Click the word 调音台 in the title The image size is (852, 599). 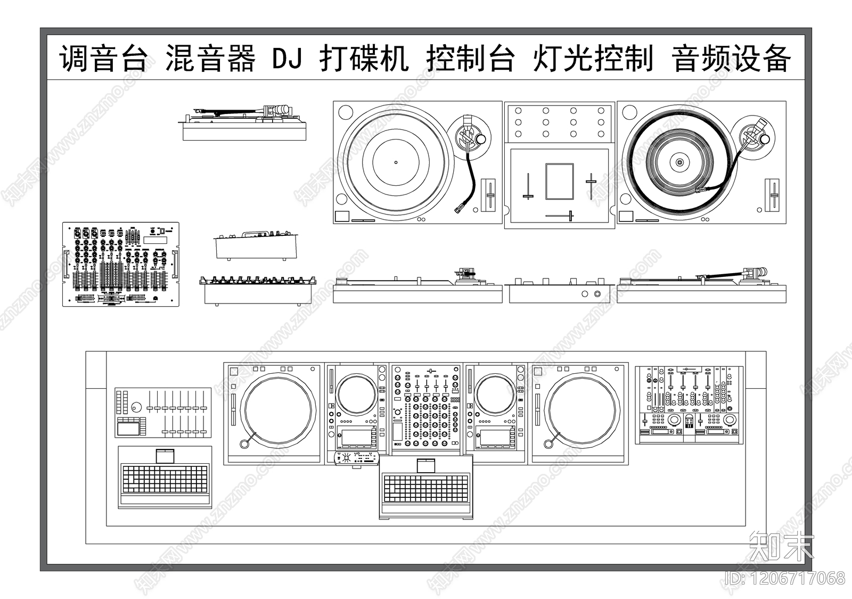click(103, 58)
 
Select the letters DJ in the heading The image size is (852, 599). click(288, 58)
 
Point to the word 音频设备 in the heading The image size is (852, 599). click(732, 58)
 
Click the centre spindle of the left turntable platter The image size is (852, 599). click(396, 162)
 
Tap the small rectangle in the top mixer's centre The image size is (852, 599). click(559, 182)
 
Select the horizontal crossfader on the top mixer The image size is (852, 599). click(559, 216)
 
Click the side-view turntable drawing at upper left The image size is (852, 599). click(244, 123)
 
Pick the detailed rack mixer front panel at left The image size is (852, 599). click(121, 264)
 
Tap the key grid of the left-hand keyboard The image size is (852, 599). click(164, 478)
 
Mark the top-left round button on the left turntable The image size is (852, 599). click(345, 113)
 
